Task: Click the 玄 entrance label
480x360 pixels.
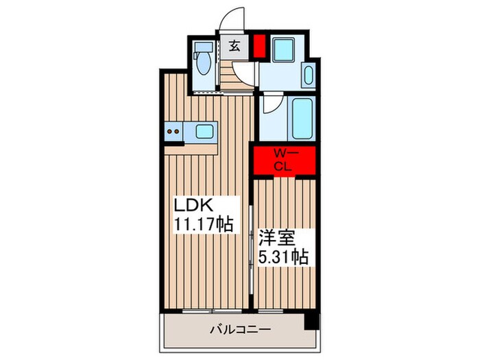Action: click(x=235, y=47)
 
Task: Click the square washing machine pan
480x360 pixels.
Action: click(x=284, y=51)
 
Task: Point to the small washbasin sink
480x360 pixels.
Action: click(x=307, y=76)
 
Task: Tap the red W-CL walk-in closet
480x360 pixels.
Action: click(x=283, y=160)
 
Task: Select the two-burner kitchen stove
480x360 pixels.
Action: click(x=173, y=130)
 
